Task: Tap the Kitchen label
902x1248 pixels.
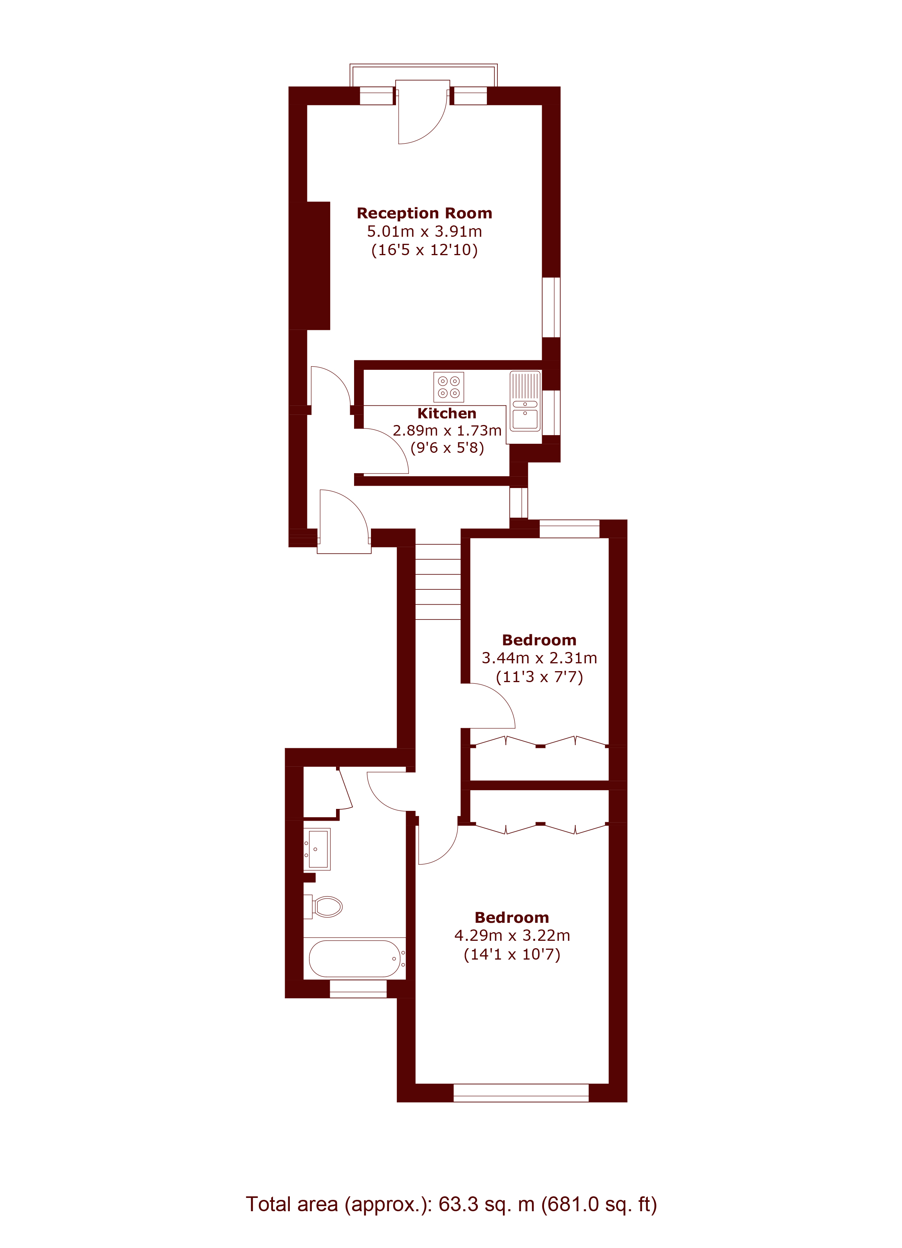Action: point(446,413)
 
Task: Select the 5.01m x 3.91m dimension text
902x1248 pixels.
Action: point(424,232)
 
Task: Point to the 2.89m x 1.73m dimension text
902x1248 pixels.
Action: point(446,430)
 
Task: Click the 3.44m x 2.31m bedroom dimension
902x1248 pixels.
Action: point(539,657)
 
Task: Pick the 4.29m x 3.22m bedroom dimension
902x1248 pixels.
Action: point(512,935)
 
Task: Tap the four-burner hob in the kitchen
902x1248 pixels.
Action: point(448,387)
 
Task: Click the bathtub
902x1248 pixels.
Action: point(354,958)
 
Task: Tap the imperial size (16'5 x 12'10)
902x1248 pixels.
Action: point(424,250)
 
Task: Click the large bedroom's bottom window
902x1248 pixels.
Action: point(521,1092)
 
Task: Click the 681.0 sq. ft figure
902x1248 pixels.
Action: point(599,1204)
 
